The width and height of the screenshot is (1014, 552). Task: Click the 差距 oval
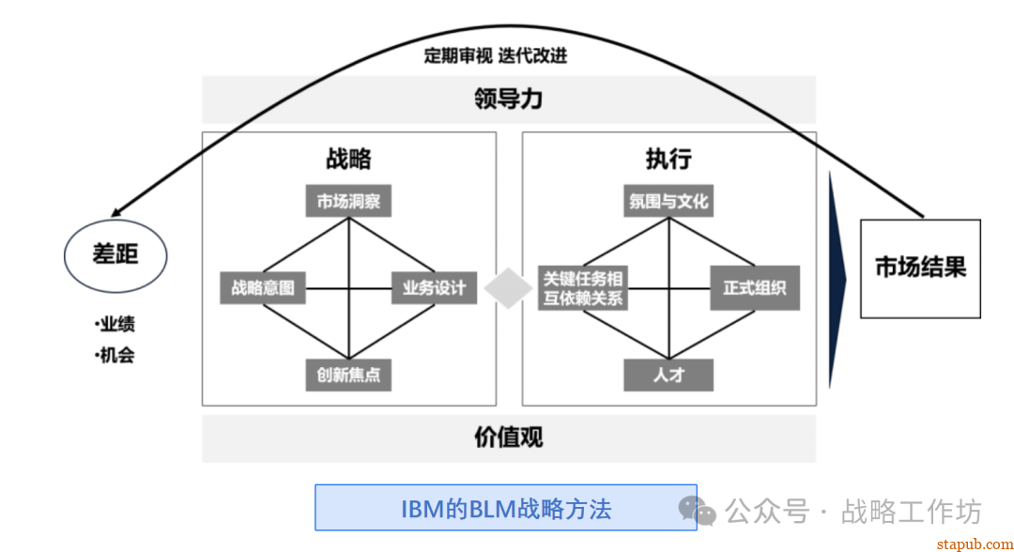point(115,254)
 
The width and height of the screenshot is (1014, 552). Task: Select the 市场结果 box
point(920,268)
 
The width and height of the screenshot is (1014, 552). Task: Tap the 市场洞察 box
point(348,201)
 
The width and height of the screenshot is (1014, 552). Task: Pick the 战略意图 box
point(263,287)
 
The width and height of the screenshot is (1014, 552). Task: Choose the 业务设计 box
point(434,287)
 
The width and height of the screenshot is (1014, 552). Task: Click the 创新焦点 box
point(348,375)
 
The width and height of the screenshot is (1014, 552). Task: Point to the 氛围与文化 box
point(668,201)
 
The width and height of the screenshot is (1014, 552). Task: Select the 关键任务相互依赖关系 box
point(582,287)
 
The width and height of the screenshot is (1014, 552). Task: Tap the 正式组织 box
point(755,287)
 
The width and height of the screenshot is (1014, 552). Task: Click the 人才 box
point(668,375)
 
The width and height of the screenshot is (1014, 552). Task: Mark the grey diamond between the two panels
point(508,288)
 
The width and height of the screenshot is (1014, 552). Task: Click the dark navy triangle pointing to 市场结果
point(837,279)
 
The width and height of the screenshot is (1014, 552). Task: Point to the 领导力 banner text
point(508,100)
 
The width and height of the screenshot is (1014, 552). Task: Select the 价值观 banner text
point(508,437)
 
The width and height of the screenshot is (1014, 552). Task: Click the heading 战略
point(348,158)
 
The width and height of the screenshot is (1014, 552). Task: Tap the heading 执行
point(668,158)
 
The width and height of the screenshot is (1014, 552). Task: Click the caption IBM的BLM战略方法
point(505,508)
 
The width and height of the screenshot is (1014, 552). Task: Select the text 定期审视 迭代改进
point(495,55)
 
